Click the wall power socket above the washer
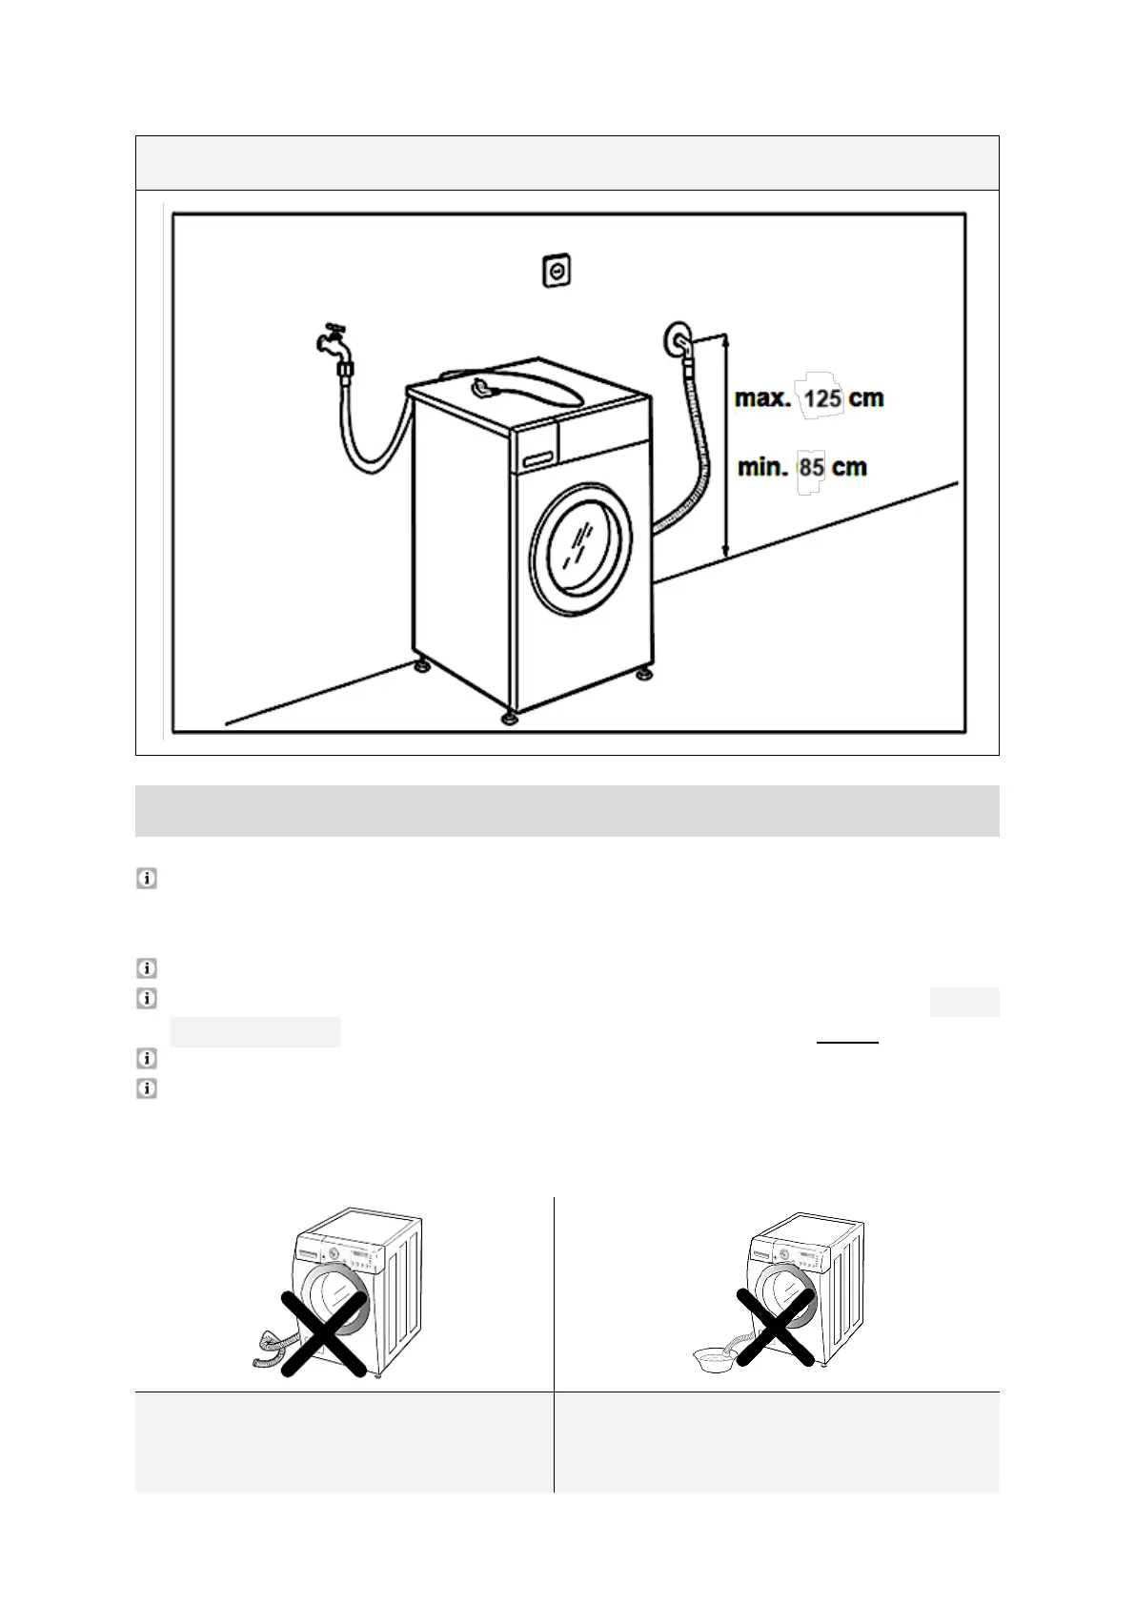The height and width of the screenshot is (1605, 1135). [557, 272]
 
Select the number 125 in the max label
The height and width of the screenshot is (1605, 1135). [821, 398]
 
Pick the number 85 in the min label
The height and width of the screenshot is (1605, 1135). [811, 468]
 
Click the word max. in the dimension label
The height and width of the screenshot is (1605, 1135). [763, 398]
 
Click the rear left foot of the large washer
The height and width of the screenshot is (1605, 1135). [420, 662]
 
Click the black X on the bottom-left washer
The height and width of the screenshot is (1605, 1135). [324, 1333]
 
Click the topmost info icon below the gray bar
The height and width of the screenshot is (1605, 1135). [147, 879]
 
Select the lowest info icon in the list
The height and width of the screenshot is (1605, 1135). [147, 1088]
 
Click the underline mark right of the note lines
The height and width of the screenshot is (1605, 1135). [847, 1043]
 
